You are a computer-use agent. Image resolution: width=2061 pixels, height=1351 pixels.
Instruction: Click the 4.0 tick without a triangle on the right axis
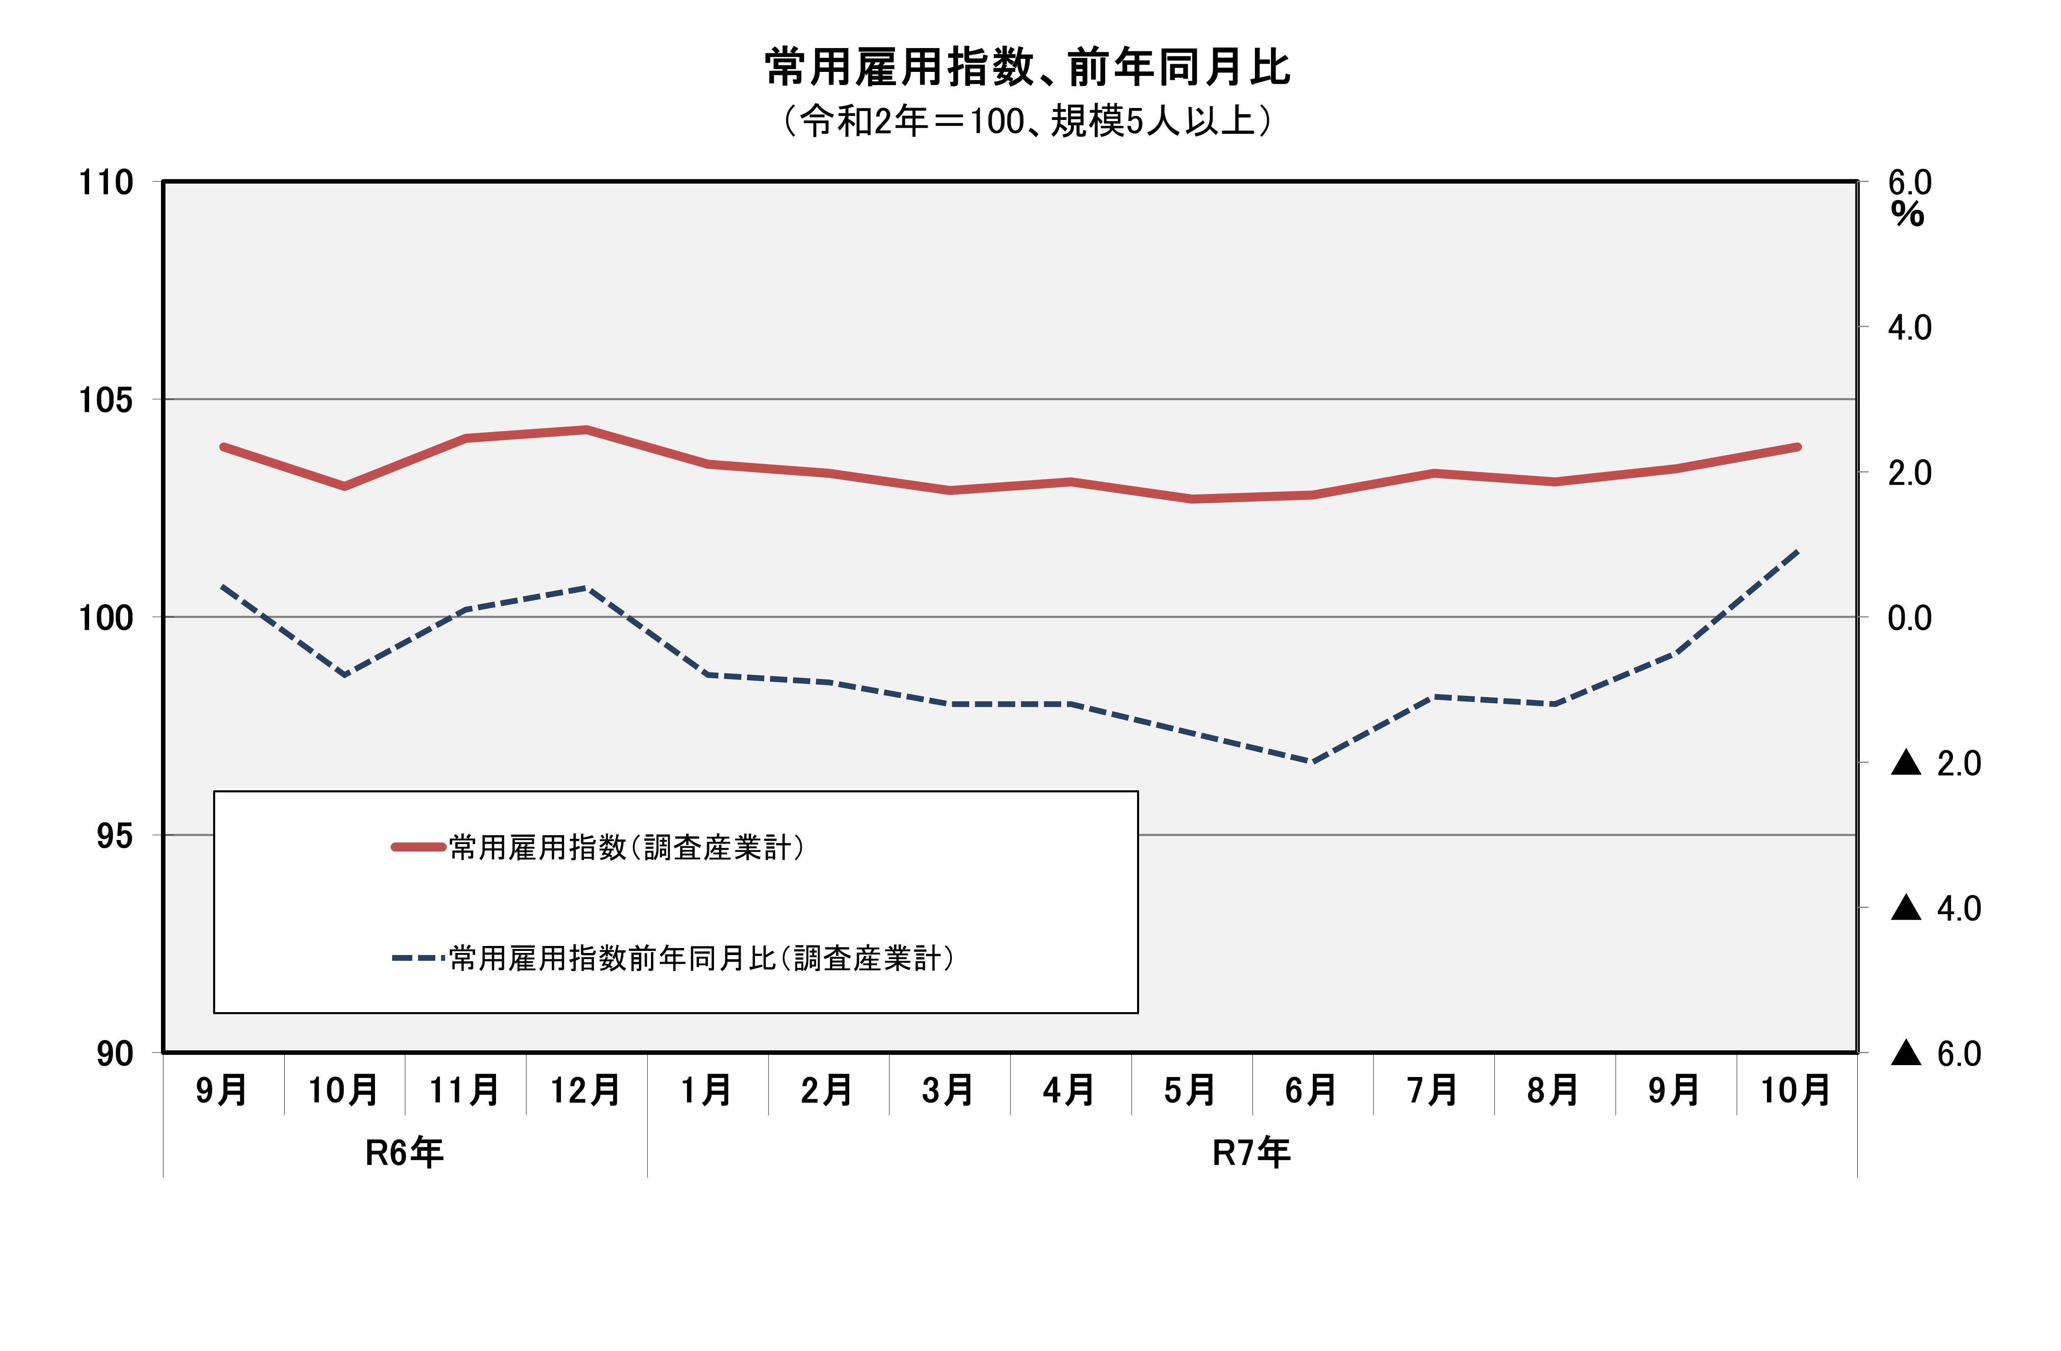(1909, 328)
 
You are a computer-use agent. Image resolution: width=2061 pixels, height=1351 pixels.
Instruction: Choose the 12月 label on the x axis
(586, 1090)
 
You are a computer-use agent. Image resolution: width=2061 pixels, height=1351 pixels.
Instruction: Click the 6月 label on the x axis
(1311, 1090)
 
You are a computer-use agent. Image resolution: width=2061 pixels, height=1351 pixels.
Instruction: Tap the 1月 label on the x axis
(707, 1090)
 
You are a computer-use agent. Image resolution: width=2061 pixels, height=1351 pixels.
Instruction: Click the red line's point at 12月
(586, 430)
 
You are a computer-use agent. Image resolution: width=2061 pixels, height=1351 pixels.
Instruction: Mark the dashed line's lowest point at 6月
(1313, 762)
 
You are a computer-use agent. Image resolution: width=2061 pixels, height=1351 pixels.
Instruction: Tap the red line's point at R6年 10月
(345, 487)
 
